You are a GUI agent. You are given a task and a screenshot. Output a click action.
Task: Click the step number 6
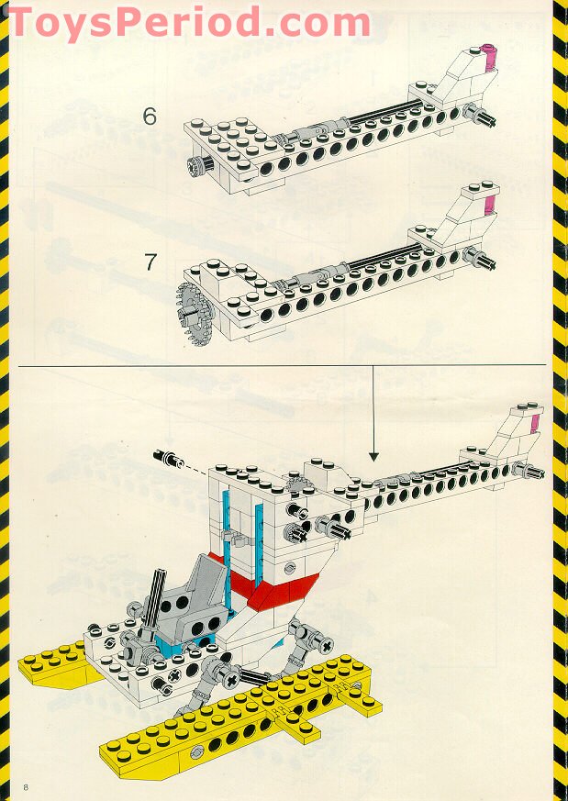[150, 116]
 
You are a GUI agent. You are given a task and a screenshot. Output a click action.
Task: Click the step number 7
[150, 261]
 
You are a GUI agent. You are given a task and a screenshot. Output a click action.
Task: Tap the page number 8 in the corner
[28, 786]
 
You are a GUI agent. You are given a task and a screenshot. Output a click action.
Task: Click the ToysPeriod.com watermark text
[188, 22]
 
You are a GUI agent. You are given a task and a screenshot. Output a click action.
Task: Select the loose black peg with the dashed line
[166, 456]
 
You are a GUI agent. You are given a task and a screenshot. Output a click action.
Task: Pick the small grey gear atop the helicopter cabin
[295, 487]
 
